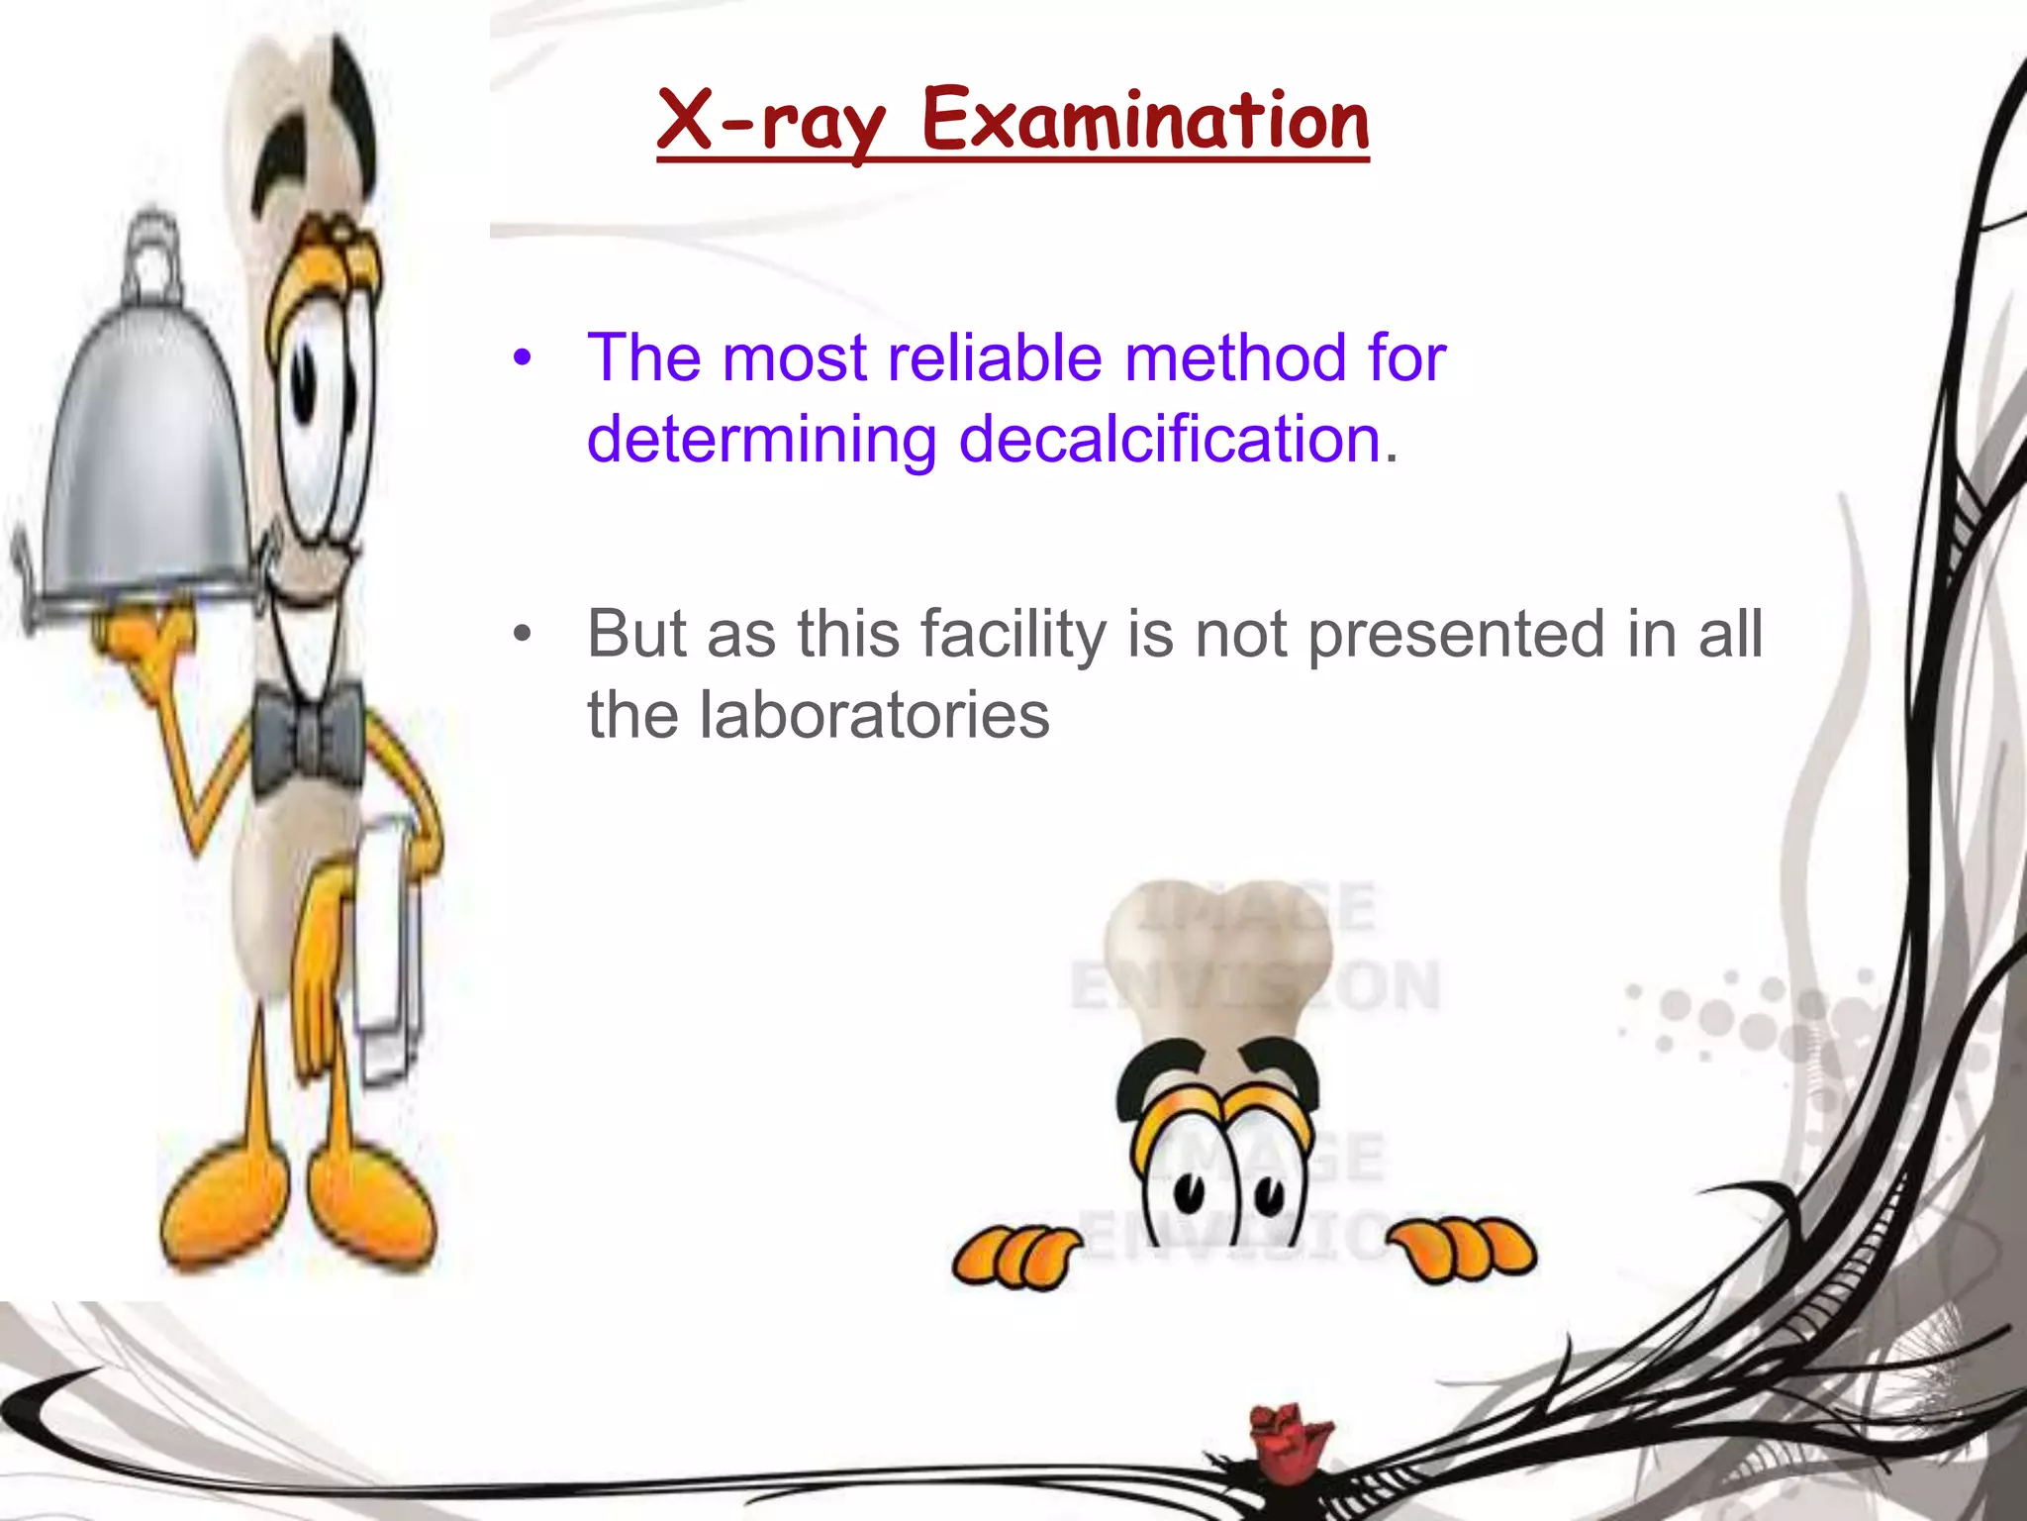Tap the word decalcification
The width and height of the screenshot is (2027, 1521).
pyautogui.click(x=1170, y=439)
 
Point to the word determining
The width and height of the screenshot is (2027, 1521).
pyautogui.click(x=761, y=439)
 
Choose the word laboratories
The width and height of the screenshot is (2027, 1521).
pyautogui.click(x=874, y=715)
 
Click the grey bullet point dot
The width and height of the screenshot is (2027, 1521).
pyautogui.click(x=522, y=634)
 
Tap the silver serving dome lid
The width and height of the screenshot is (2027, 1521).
pyautogui.click(x=148, y=456)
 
